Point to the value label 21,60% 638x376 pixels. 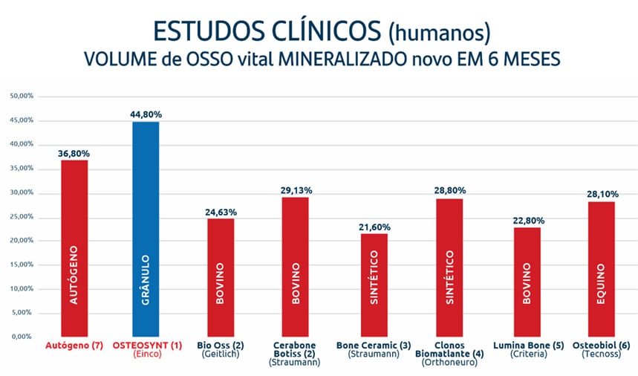pyautogui.click(x=374, y=227)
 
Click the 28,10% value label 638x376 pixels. pyautogui.click(x=602, y=194)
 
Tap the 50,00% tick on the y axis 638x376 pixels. pyautogui.click(x=20, y=96)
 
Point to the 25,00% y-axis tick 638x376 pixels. pyautogui.click(x=20, y=216)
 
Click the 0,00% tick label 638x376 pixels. pyautogui.click(x=22, y=336)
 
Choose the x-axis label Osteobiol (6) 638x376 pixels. pyautogui.click(x=602, y=346)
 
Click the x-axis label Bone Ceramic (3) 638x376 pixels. pyautogui.click(x=374, y=346)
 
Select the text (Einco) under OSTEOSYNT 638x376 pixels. pyautogui.click(x=146, y=355)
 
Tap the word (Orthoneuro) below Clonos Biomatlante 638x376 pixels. pyautogui.click(x=450, y=363)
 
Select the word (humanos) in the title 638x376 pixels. pyautogui.click(x=439, y=33)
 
